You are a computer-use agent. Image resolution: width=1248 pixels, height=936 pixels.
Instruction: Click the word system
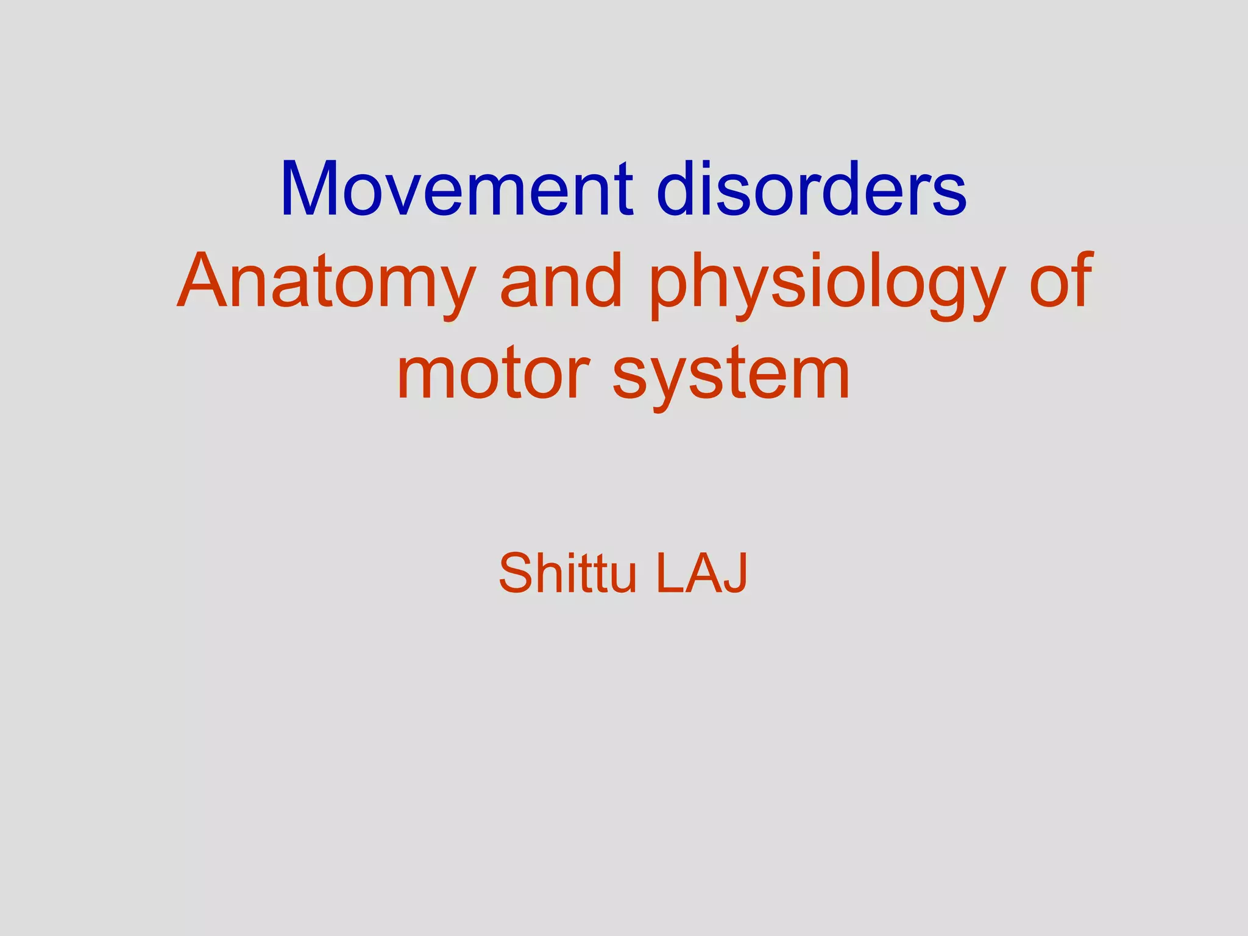(x=731, y=377)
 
